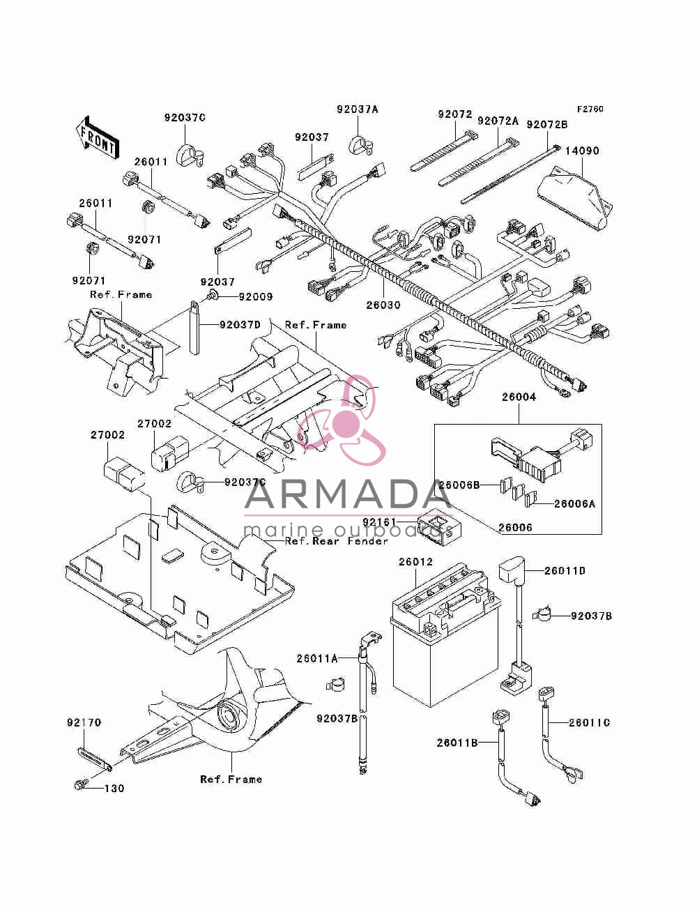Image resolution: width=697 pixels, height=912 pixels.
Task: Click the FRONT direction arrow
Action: [98, 137]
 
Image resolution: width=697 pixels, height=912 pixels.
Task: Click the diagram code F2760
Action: [590, 109]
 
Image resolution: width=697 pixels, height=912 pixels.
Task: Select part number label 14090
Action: [582, 151]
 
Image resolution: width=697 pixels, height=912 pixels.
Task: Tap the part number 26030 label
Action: [383, 305]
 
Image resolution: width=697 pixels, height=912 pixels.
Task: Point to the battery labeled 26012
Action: [445, 634]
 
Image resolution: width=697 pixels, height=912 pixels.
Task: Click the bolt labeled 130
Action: [80, 785]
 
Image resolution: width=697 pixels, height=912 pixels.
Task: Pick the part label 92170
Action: [84, 722]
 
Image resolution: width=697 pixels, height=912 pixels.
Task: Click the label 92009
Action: [256, 296]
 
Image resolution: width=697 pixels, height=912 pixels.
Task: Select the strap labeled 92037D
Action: [194, 328]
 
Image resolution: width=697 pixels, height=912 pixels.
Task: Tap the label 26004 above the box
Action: [519, 397]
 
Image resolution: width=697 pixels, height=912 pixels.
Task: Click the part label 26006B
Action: [459, 485]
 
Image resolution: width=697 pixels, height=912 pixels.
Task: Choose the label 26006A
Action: [574, 503]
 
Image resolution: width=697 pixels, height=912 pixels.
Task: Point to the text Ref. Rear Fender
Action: [337, 541]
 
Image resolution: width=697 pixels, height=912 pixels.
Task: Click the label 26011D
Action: [565, 571]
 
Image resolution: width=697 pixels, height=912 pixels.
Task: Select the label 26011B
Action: [457, 743]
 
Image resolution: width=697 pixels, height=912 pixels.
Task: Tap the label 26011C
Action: [589, 722]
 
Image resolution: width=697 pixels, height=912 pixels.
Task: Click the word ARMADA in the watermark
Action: [348, 494]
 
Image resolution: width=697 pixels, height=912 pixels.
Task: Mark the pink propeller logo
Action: [341, 420]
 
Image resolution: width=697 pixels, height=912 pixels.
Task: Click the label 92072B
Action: [547, 125]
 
